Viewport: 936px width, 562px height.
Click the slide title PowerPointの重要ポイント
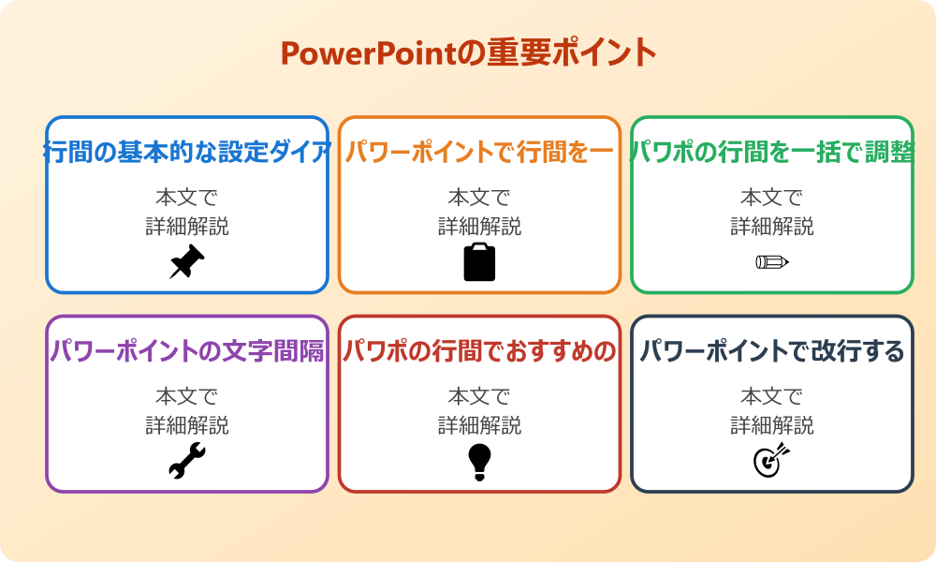click(x=468, y=52)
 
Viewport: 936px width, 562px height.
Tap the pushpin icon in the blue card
click(x=187, y=262)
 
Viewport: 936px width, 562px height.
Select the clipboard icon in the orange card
click(x=479, y=262)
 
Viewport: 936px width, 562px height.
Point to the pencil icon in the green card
click(x=772, y=261)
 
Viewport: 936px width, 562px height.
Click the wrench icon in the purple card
click(x=187, y=461)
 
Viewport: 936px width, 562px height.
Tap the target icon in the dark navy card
click(x=772, y=461)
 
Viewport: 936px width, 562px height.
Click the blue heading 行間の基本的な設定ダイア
click(x=187, y=152)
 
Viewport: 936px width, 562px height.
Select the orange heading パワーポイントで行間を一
click(x=479, y=152)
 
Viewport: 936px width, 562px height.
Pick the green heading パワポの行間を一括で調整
click(x=772, y=152)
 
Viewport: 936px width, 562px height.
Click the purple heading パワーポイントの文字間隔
click(x=187, y=351)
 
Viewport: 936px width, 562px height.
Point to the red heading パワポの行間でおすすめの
click(x=479, y=351)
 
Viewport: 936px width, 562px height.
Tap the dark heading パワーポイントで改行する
click(x=772, y=351)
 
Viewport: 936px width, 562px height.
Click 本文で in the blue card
click(x=187, y=198)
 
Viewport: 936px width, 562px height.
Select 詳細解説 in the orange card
click(x=479, y=227)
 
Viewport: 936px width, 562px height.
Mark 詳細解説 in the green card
click(x=772, y=227)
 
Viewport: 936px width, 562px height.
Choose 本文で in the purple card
click(x=187, y=397)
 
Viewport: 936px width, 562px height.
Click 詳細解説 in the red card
click(x=479, y=426)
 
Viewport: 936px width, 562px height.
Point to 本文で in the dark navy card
click(x=772, y=397)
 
